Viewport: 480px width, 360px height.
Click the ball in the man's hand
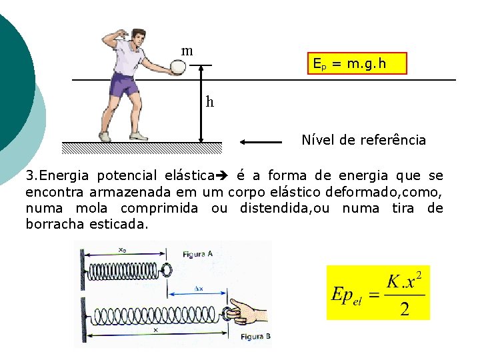179,67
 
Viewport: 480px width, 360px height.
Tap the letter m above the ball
187,51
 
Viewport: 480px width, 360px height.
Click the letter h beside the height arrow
210,102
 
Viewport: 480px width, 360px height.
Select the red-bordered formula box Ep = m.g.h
357,63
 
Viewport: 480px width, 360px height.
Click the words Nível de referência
363,140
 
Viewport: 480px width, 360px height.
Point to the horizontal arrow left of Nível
261,141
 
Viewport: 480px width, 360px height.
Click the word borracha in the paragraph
54,224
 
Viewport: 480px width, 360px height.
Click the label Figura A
197,254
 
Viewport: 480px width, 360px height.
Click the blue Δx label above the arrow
198,289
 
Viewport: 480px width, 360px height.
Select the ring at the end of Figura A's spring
165,270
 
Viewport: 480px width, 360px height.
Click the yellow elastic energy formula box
378,293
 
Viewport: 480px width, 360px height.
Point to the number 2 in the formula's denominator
405,310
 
